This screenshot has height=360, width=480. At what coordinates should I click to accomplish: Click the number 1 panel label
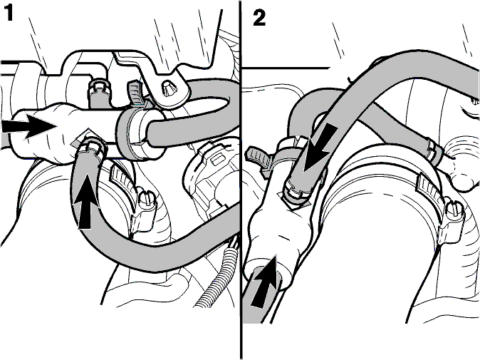(9, 13)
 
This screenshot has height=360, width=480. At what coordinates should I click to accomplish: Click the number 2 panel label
(259, 18)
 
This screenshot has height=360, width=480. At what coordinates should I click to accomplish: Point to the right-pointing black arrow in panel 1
(28, 126)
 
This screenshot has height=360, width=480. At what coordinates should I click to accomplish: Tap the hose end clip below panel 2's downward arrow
(296, 192)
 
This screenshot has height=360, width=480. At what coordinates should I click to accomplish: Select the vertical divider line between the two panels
(241, 180)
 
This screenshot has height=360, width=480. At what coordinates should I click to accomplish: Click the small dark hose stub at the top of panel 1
(98, 93)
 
